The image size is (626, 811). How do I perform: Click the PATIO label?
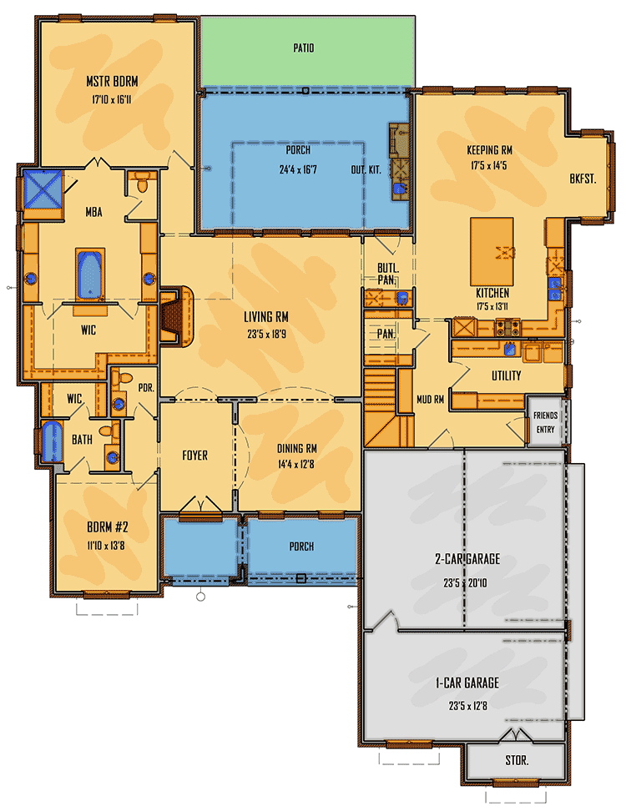click(x=304, y=48)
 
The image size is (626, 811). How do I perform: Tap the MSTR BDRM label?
click(x=112, y=82)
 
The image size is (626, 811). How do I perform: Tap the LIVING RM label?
click(x=265, y=317)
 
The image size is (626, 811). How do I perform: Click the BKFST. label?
click(x=583, y=179)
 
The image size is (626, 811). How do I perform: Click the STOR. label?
click(x=517, y=761)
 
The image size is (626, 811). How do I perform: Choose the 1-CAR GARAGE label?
click(x=467, y=683)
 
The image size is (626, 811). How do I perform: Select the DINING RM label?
click(x=297, y=448)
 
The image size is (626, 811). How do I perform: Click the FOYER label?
click(x=194, y=456)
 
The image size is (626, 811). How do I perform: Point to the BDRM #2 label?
click(x=106, y=528)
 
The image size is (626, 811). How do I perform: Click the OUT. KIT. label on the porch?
click(x=366, y=169)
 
